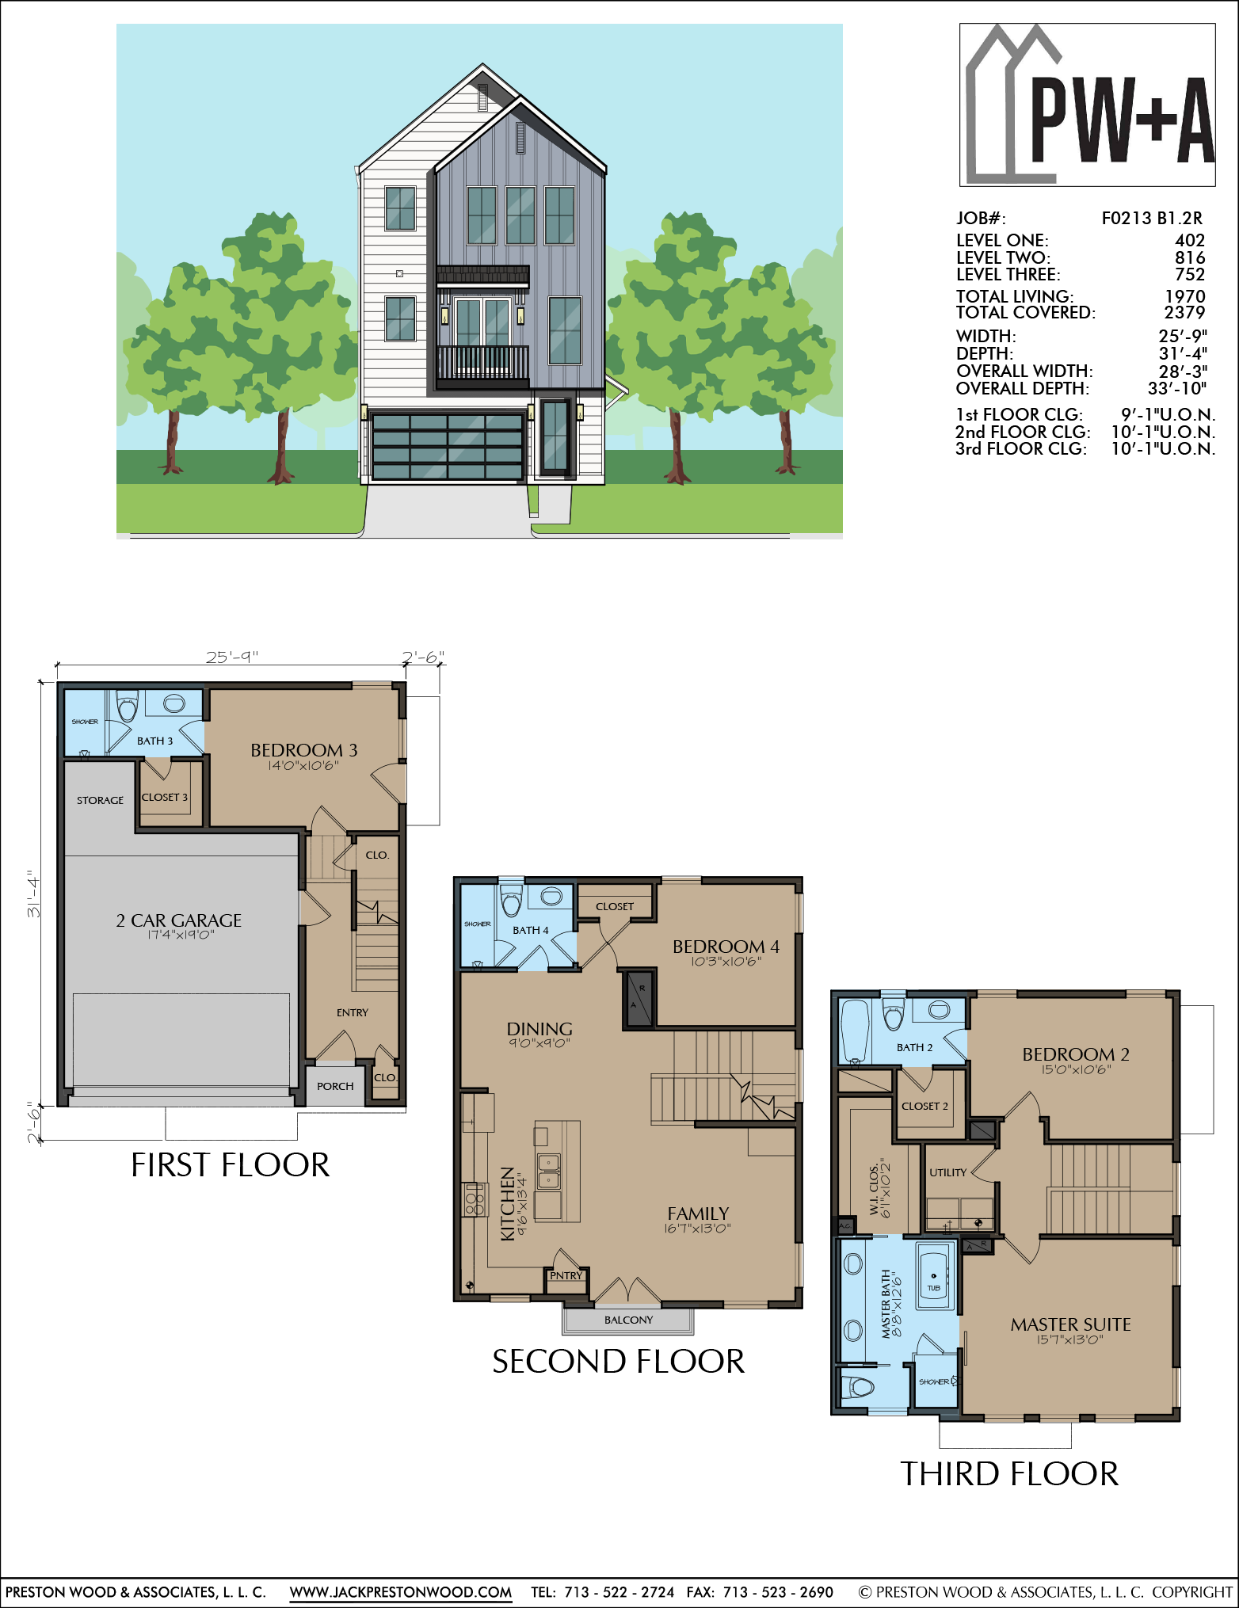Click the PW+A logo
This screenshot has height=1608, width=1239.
tap(1088, 105)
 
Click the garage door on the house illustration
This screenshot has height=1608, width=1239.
tap(447, 446)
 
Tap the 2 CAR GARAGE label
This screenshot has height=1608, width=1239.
tap(179, 920)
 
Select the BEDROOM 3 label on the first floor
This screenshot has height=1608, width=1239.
tap(304, 750)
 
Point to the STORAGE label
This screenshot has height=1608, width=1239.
tap(100, 800)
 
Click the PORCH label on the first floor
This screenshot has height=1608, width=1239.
tap(335, 1086)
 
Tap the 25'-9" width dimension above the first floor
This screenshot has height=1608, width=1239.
tap(232, 657)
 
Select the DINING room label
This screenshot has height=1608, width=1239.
tap(539, 1029)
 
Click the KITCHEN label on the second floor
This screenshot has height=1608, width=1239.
tap(508, 1203)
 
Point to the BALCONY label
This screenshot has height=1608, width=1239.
tap(628, 1320)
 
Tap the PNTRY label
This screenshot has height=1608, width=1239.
tap(566, 1275)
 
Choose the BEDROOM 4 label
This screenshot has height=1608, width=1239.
tap(726, 947)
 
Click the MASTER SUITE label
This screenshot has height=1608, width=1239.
tap(1070, 1324)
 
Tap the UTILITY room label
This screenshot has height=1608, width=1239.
tap(947, 1172)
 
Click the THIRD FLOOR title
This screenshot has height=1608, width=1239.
tap(1009, 1474)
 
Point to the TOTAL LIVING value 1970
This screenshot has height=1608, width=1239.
tap(1185, 296)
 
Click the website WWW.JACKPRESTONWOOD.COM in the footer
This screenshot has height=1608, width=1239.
tap(400, 1592)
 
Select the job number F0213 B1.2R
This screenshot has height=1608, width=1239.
tap(1152, 219)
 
